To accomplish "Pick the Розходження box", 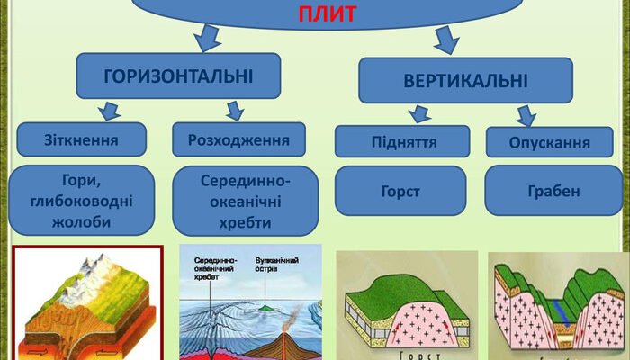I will point(238,139).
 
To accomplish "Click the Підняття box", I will point(402,142).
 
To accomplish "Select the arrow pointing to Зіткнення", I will point(110,111).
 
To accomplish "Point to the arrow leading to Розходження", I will point(235,111).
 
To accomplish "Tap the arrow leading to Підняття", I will point(418,114).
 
